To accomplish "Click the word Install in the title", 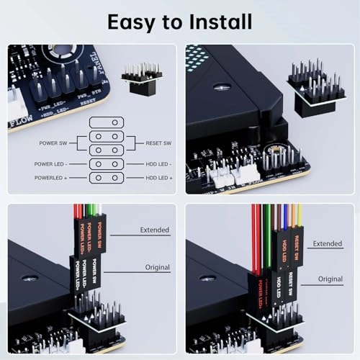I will coord(212,21).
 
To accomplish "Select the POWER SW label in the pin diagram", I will coord(58,143).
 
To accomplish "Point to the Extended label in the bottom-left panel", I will coord(155,230).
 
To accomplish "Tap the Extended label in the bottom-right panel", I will coord(328,244).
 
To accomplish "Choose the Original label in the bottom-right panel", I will coord(330,279).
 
